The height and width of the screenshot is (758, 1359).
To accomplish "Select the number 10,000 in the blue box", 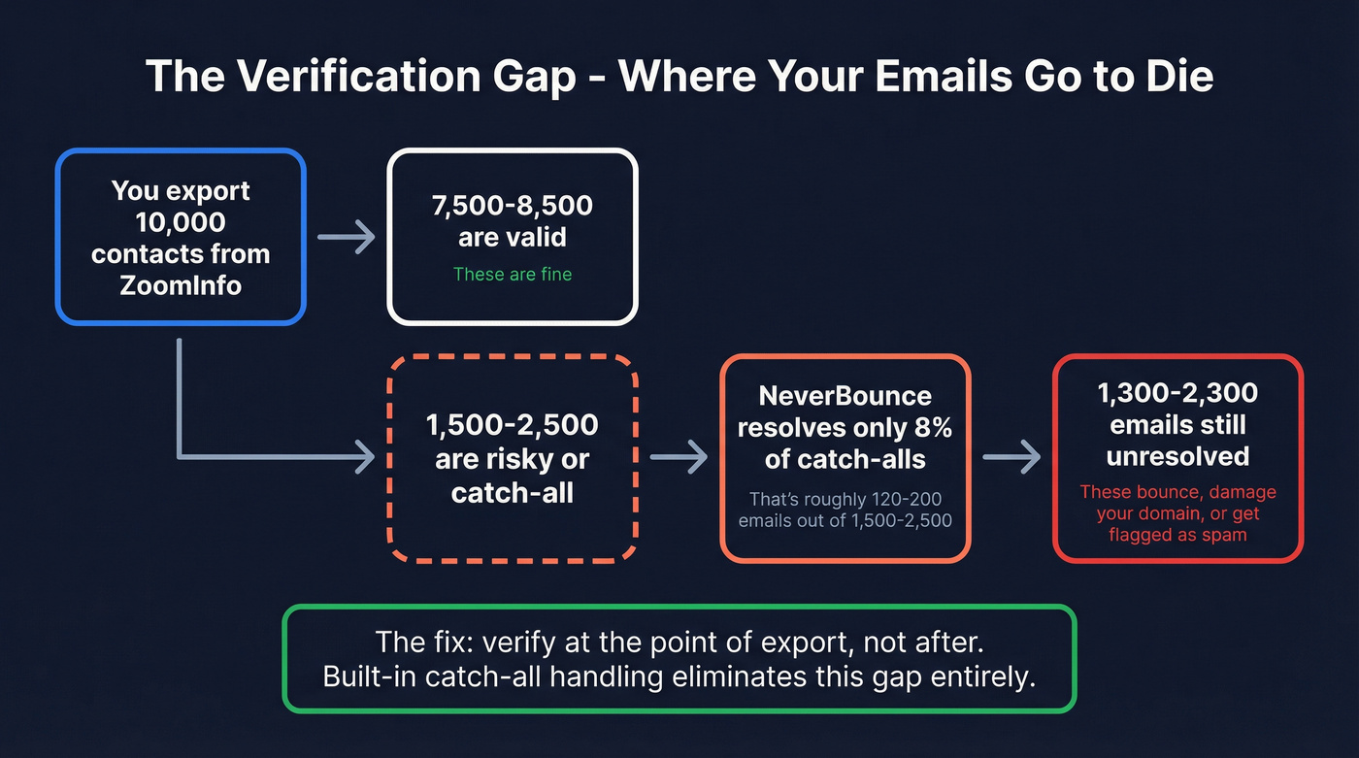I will tap(182, 222).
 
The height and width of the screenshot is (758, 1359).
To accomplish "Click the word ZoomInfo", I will tap(182, 285).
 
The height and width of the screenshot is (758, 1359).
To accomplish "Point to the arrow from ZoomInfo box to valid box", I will tap(347, 236).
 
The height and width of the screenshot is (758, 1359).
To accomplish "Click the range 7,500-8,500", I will tap(513, 206).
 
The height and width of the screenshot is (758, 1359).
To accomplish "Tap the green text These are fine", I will tap(513, 275).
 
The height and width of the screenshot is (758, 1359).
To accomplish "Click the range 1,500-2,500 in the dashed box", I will tap(513, 425).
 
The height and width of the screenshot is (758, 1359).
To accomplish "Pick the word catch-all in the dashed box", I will tap(513, 492).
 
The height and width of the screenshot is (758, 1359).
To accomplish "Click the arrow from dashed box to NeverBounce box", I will tap(679, 456).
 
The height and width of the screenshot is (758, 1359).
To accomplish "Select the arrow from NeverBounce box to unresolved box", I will tap(1011, 456).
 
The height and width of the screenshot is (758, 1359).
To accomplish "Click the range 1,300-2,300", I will tap(1177, 393).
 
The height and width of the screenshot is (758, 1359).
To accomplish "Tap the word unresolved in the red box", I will tap(1177, 456).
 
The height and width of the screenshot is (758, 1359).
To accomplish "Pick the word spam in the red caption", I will tap(1225, 535).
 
